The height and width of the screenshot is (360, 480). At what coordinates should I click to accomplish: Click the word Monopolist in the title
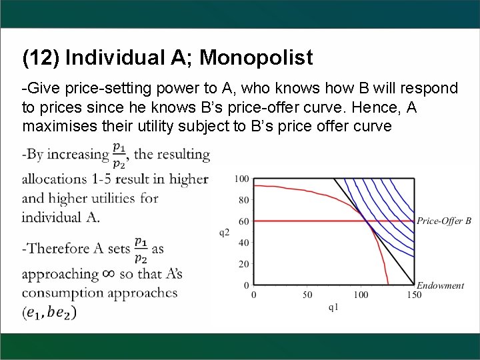coord(256,58)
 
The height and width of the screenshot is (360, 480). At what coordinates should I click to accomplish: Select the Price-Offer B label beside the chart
coord(444,221)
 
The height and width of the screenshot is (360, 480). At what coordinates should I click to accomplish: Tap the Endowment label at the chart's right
coord(440,285)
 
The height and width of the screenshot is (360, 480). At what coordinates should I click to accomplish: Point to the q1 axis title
coord(333,307)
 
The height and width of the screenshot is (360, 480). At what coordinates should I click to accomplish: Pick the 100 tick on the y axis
coord(241,179)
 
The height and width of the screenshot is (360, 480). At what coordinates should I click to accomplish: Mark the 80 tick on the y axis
coord(243,200)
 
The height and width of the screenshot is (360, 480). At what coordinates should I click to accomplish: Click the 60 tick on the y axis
coord(243,221)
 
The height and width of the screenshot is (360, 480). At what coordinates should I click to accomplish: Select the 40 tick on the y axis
coord(243,243)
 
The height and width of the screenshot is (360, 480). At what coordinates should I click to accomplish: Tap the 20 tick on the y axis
coord(243,264)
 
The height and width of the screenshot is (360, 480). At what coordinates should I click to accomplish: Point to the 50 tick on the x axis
coord(307,295)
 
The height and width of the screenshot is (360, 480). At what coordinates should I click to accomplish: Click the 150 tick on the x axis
coord(414,295)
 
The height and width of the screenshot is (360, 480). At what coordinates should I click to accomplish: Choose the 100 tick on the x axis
coord(361,295)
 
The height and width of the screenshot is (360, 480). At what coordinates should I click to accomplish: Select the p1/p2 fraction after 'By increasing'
coord(120,154)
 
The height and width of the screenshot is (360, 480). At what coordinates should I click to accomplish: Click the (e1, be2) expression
coord(49,311)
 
